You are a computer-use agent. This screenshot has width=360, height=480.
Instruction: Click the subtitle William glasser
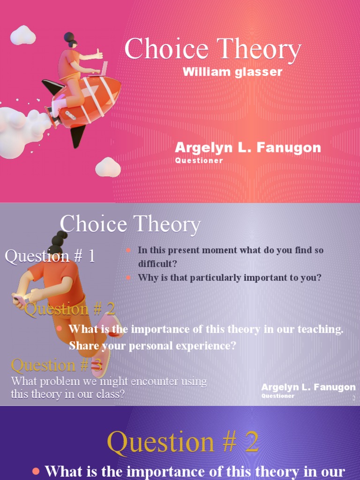(x=232, y=72)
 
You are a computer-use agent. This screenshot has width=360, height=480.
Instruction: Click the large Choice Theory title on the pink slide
(x=212, y=49)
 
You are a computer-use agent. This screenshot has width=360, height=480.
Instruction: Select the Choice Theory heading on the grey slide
(x=130, y=225)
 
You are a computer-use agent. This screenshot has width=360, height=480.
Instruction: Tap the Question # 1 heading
(x=50, y=256)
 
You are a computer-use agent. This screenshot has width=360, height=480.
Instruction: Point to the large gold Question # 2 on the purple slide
(x=183, y=442)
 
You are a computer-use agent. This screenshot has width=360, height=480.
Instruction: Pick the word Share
(x=82, y=346)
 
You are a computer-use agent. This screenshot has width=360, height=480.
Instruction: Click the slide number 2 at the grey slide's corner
(x=354, y=398)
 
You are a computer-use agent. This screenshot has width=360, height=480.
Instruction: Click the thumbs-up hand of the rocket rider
(x=99, y=54)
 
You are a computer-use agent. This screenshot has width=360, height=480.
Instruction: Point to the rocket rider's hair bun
(x=69, y=37)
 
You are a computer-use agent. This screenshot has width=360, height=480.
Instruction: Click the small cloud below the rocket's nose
(x=108, y=167)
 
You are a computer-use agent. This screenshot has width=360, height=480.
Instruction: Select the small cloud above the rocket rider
(x=23, y=35)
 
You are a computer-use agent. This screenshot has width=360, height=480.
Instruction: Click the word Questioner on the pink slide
(x=199, y=160)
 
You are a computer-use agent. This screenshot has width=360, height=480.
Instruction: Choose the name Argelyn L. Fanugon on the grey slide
(x=308, y=387)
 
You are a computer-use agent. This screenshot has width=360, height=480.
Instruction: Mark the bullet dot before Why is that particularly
(x=128, y=277)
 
